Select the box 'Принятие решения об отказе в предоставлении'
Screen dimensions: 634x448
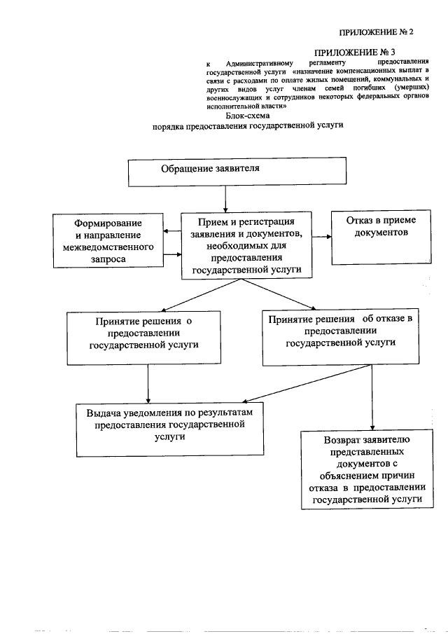(341, 337)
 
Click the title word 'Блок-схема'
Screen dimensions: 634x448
(248, 116)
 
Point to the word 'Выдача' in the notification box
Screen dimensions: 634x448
(101, 413)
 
